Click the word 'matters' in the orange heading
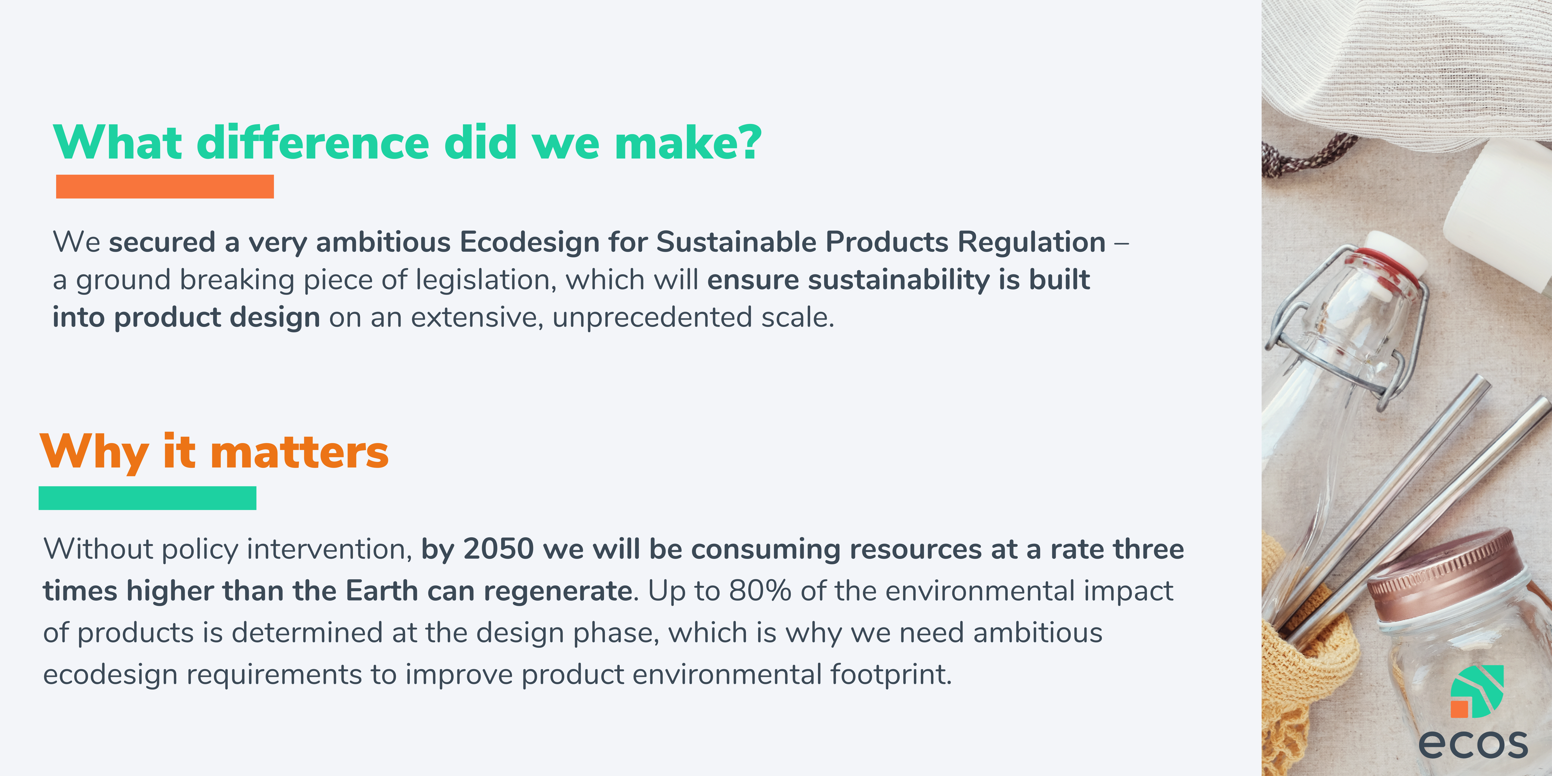pyautogui.click(x=300, y=453)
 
